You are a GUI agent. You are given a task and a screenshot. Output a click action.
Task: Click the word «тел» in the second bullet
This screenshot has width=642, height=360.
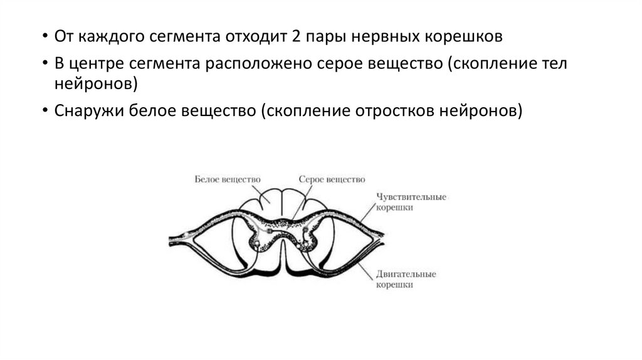[x=555, y=65]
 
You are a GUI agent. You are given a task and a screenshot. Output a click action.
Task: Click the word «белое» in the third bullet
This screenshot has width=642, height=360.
[x=149, y=110]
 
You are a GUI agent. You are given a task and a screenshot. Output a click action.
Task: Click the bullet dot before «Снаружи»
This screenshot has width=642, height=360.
[x=46, y=110]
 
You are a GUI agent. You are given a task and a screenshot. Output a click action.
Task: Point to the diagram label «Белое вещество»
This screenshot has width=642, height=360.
[x=228, y=179]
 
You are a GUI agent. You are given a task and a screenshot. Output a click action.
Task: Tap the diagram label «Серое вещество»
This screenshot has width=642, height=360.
[x=331, y=179]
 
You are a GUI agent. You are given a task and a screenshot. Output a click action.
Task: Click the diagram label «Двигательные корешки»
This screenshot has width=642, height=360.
[x=406, y=279]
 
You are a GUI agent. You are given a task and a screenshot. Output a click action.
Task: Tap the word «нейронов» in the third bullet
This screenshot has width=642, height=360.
[x=485, y=110]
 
